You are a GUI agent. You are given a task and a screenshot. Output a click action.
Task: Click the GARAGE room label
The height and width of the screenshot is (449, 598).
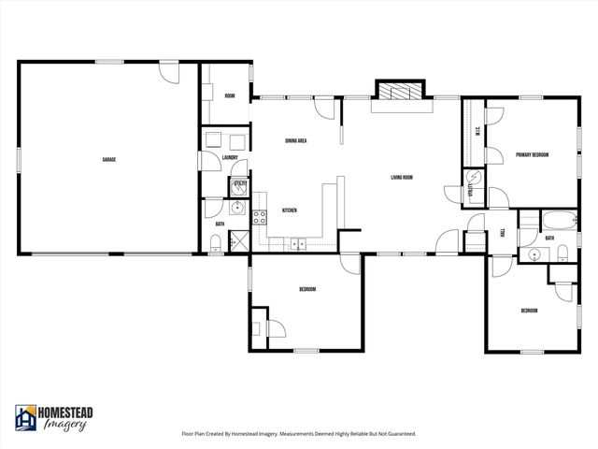point(108,159)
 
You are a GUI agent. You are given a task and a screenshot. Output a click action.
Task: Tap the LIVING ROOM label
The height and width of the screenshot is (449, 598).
point(402,177)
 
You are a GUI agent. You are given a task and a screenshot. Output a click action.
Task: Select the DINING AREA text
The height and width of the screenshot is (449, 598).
point(296,140)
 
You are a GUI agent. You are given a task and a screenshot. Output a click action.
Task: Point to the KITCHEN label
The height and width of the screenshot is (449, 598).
point(290,210)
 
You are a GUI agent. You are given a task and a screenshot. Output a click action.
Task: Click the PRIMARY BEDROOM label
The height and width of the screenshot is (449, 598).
point(532,154)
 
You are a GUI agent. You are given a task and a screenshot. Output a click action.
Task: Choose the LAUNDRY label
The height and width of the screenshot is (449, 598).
point(230,157)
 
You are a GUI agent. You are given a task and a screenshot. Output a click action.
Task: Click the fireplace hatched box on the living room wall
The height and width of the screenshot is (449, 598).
point(399,90)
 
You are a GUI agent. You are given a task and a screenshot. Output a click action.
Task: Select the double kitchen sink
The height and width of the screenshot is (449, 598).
point(297,245)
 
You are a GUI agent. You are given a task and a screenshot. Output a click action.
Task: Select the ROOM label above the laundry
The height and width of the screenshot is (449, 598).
point(229,96)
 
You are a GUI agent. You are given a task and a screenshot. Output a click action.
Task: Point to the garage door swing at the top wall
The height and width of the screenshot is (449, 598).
point(167,72)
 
